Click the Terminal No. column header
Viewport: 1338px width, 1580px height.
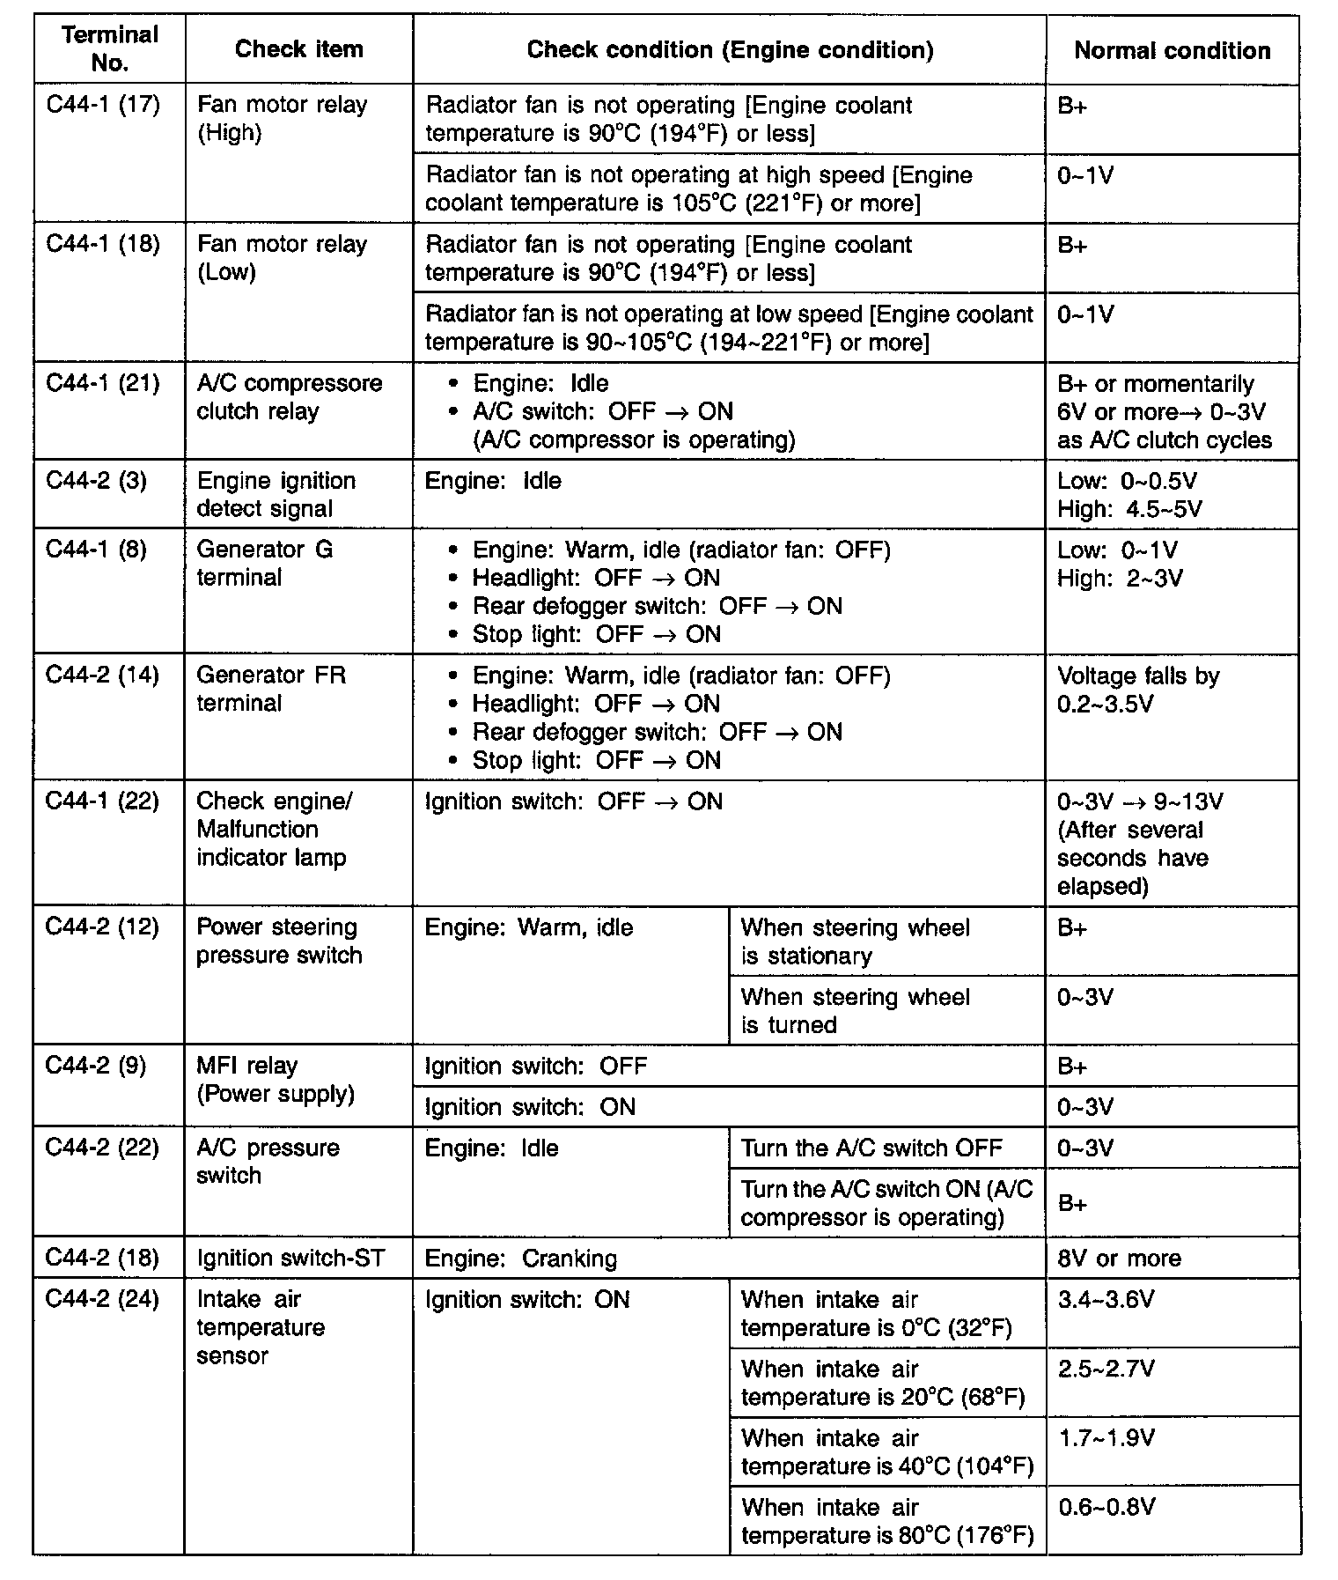point(110,49)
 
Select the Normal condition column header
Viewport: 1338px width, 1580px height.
point(1172,51)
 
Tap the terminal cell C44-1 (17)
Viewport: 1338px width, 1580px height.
point(103,106)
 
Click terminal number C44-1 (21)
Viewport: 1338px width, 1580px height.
point(103,384)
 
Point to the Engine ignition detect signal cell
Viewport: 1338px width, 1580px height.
point(276,494)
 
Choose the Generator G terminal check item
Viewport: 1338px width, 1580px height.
point(264,564)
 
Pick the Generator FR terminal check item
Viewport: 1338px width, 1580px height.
point(271,689)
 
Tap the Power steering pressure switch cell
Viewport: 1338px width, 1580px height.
point(278,941)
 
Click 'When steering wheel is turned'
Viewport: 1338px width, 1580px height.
point(855,1010)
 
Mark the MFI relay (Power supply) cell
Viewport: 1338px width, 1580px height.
point(275,1080)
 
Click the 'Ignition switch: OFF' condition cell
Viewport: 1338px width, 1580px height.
point(535,1067)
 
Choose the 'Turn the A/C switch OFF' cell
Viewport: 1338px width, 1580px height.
point(871,1148)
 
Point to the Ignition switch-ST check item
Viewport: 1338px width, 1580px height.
point(290,1258)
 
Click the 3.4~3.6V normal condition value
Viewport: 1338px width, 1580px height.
point(1106,1300)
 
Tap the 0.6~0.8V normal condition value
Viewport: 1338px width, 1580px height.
point(1106,1507)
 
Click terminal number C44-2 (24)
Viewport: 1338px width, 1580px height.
point(103,1300)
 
